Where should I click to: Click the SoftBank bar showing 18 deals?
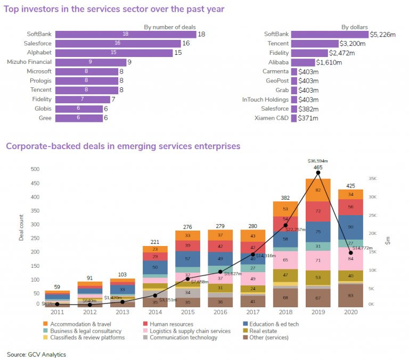coord(125,34)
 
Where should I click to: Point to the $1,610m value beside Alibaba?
coord(329,62)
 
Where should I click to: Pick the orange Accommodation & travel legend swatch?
coord(46,324)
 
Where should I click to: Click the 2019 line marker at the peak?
coord(318,173)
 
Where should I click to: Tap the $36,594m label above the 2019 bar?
coord(318,160)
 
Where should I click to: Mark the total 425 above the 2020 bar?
coord(350,186)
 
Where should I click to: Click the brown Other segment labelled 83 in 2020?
coord(350,295)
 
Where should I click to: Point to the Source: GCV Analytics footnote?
coord(37,354)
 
